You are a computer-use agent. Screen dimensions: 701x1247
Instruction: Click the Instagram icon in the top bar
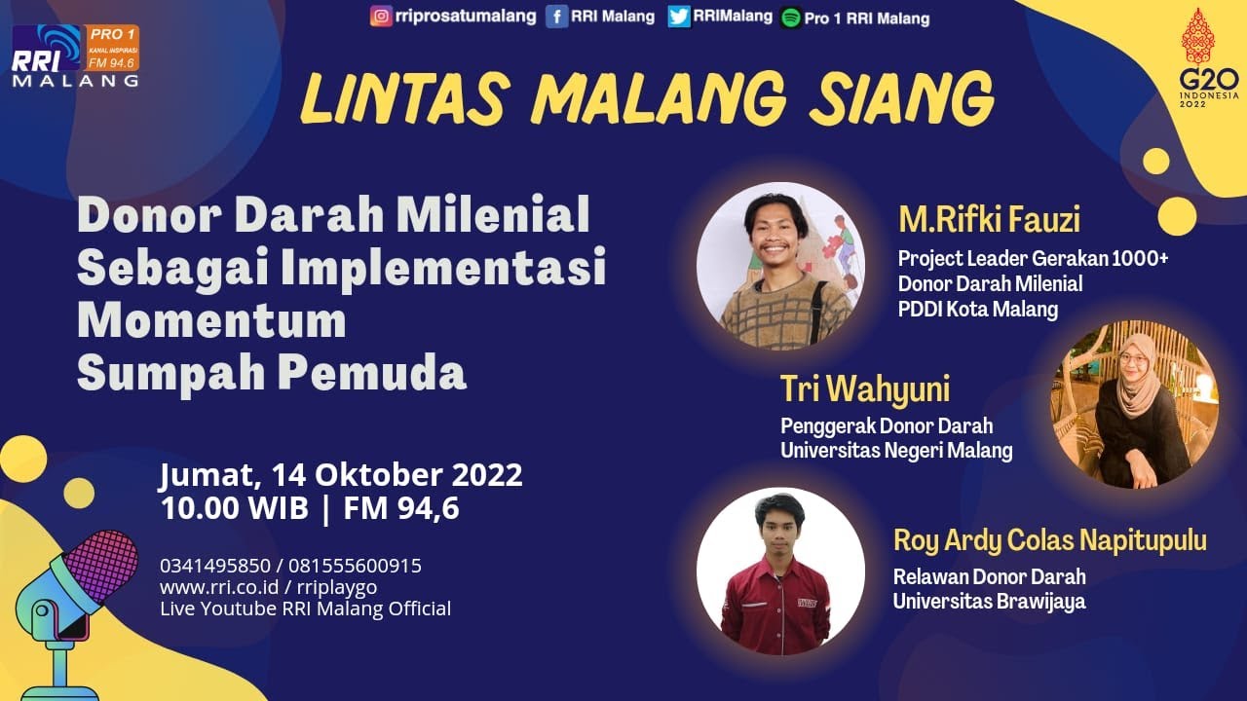[382, 16]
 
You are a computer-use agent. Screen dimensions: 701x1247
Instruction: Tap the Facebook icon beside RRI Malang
[556, 17]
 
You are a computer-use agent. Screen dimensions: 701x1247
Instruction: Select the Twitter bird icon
[679, 17]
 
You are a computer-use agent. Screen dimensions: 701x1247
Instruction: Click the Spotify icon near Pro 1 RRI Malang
[790, 18]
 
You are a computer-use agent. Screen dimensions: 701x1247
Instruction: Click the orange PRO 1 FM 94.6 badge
[113, 48]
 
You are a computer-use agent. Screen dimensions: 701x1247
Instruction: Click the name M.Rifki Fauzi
[989, 220]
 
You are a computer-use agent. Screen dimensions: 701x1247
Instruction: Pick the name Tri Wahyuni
[864, 388]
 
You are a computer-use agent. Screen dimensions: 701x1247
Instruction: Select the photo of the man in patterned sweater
[780, 266]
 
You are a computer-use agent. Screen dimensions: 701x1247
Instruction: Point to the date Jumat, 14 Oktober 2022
[341, 475]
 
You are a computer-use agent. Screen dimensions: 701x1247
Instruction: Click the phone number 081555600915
[366, 566]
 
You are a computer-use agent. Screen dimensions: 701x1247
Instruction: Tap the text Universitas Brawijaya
[989, 601]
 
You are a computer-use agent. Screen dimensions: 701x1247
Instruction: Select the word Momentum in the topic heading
[211, 320]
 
